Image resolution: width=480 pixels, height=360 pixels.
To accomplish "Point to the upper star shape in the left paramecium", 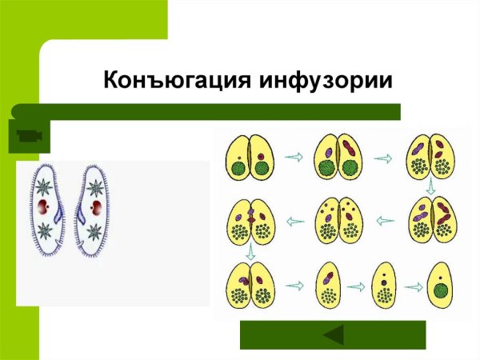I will [x=45, y=189].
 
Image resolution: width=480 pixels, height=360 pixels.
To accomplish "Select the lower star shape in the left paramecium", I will [x=46, y=231].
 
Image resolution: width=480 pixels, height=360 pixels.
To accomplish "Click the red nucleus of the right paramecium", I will [x=97, y=209].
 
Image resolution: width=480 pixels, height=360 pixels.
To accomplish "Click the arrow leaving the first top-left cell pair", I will [x=294, y=157].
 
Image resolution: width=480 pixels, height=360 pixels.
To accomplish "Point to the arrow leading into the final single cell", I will [x=413, y=286].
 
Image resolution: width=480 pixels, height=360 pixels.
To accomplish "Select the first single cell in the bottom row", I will [x=328, y=286].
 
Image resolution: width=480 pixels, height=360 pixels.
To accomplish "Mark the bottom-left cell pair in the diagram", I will [x=250, y=286].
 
